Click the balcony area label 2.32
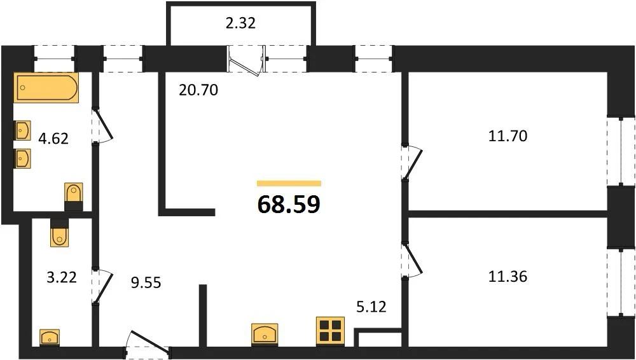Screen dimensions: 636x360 tap(240, 24)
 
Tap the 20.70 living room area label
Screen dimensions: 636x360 tap(198, 90)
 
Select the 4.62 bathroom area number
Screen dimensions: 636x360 tap(53, 139)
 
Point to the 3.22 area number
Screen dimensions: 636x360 tap(62, 277)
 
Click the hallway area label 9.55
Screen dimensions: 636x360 tap(146, 282)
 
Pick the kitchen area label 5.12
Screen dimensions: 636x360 tap(371, 307)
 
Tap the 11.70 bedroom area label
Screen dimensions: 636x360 tap(508, 136)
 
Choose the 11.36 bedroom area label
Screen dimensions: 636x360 tap(508, 277)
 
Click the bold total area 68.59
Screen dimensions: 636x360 tap(289, 205)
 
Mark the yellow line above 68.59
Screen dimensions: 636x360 tap(289, 183)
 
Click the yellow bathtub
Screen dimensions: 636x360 tap(46, 87)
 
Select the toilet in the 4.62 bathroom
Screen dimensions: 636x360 tap(74, 197)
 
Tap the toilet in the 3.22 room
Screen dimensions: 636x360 tap(60, 233)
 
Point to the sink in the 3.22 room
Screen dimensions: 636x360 tap(50, 337)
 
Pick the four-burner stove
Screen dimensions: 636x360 tap(330, 330)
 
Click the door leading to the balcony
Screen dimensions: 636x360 tap(245, 60)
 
